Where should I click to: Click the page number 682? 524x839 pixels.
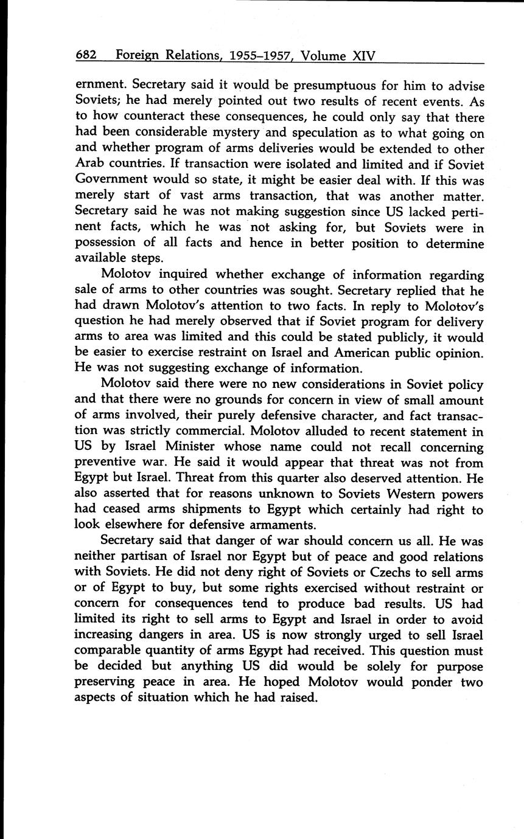[86, 55]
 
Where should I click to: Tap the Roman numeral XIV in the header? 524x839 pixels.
[364, 55]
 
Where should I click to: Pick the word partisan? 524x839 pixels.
[145, 557]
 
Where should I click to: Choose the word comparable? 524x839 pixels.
[109, 651]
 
